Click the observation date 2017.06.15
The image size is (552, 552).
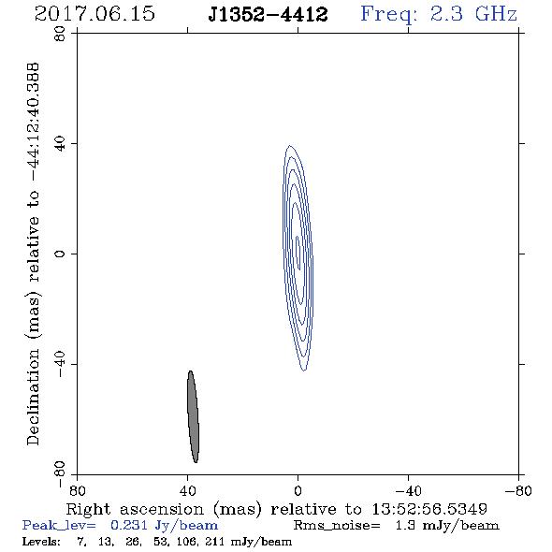(x=94, y=14)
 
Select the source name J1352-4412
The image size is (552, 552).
(x=268, y=15)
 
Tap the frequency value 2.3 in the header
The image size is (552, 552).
(x=446, y=14)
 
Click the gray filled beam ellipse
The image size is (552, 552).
(x=193, y=416)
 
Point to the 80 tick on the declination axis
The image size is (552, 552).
(x=61, y=34)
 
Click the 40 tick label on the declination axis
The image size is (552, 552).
(x=61, y=144)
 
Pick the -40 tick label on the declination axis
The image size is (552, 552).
(x=61, y=364)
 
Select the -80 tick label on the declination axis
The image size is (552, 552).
(x=61, y=474)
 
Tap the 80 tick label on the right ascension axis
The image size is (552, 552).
(x=77, y=491)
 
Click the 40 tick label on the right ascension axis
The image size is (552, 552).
(x=188, y=491)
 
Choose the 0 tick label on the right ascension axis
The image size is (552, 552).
(x=298, y=491)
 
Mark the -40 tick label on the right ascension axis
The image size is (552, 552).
(x=408, y=491)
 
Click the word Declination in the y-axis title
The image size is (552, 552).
(x=33, y=397)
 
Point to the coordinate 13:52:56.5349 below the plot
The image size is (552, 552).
(x=429, y=509)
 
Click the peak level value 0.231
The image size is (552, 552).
(x=129, y=525)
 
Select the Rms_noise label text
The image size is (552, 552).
(x=337, y=526)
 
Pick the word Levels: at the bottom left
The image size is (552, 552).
(x=41, y=541)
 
